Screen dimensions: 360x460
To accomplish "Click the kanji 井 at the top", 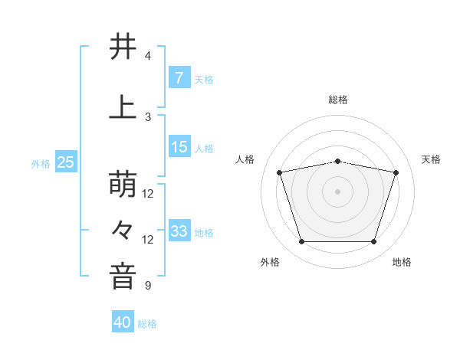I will point(123,47).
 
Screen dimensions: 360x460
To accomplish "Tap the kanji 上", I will point(123,106).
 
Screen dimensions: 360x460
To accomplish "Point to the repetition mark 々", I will point(123,230).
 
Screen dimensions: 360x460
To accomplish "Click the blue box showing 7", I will point(179,78).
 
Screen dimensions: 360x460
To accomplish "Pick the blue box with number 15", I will point(179,147).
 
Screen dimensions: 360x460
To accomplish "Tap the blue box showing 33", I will point(179,231).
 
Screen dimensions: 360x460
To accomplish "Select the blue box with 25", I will point(65,162).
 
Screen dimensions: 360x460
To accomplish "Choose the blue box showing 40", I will point(123,322).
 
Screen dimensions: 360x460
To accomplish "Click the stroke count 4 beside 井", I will point(148,56).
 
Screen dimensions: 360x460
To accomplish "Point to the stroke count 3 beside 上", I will point(148,116).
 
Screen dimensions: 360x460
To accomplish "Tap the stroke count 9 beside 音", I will point(148,286).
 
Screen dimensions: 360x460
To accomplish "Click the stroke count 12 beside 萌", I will point(148,194).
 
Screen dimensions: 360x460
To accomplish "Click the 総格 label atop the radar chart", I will point(337,100).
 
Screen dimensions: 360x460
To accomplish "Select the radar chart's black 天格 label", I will point(431,159).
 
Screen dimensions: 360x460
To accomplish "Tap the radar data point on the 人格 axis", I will point(279,172).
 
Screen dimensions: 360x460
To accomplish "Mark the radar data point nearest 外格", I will point(301,242).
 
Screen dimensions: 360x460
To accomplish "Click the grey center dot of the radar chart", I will point(337,191).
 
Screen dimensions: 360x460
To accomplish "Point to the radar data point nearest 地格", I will point(373,242).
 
